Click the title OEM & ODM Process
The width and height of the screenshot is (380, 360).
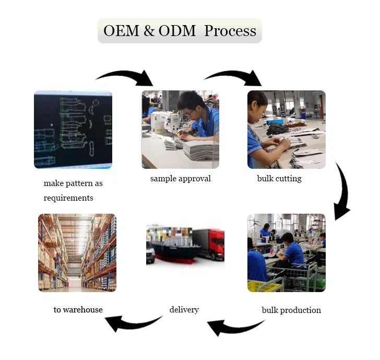[x=180, y=31]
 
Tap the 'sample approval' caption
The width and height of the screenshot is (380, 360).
[x=180, y=179]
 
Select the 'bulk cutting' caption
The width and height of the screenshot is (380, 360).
[x=279, y=179]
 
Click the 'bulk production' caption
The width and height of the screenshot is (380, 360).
[x=291, y=310]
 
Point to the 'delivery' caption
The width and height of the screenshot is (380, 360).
[x=184, y=310]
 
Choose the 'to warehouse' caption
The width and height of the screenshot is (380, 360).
[x=78, y=310]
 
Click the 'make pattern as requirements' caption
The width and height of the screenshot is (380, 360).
[x=73, y=191]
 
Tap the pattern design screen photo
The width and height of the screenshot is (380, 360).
[x=73, y=130]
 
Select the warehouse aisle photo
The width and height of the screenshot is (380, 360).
[x=77, y=252]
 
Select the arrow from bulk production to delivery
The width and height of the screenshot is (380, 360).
[x=235, y=328]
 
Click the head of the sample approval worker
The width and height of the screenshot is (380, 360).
[x=189, y=103]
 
